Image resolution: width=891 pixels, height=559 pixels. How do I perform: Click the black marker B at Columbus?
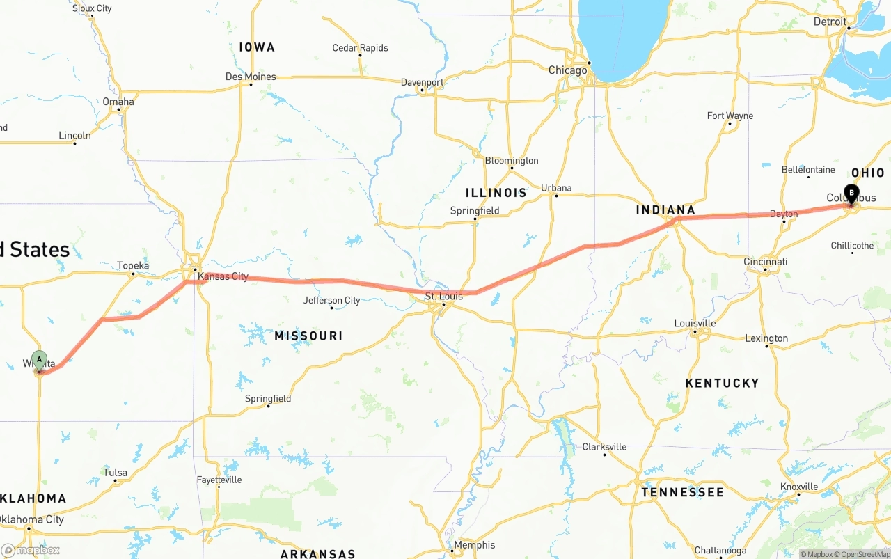click(x=851, y=194)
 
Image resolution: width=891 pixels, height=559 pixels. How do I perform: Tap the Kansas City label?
click(x=223, y=276)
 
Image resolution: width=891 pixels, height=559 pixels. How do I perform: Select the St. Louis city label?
click(x=444, y=297)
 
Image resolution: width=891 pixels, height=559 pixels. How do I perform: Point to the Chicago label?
click(x=567, y=70)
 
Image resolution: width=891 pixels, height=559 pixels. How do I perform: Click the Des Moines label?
click(x=251, y=77)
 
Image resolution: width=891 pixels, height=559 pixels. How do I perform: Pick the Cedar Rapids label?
click(x=360, y=48)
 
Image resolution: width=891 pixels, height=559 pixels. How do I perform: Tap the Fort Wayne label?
click(x=730, y=116)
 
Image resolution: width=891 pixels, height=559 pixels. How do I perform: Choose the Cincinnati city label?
click(x=766, y=262)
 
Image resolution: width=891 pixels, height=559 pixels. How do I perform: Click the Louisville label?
click(x=695, y=323)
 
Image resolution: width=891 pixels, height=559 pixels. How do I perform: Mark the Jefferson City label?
click(x=332, y=301)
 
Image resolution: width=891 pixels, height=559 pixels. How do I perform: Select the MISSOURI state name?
click(x=308, y=336)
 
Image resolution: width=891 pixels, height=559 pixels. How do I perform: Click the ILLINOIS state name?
click(x=496, y=192)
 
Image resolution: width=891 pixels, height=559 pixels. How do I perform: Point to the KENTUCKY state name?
click(x=722, y=383)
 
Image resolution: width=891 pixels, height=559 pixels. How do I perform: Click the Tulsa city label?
click(x=116, y=473)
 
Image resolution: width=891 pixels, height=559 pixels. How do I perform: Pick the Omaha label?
click(x=118, y=102)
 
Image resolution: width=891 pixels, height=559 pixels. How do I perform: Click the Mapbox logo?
click(x=30, y=550)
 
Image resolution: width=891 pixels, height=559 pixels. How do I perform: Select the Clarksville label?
click(x=604, y=447)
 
